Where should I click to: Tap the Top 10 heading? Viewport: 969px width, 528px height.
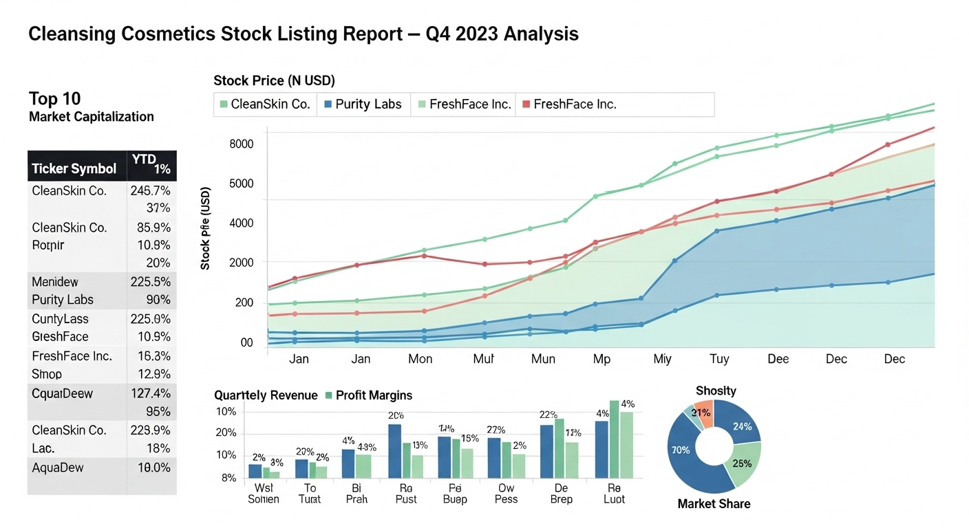pyautogui.click(x=55, y=98)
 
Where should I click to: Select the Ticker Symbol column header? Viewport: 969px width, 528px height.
pyautogui.click(x=74, y=168)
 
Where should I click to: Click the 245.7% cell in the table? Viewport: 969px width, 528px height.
pyautogui.click(x=150, y=190)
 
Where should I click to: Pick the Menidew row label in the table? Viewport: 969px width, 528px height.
pyautogui.click(x=55, y=282)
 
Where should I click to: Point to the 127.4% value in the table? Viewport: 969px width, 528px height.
pyautogui.click(x=150, y=394)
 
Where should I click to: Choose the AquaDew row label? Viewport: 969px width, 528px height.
pyautogui.click(x=58, y=467)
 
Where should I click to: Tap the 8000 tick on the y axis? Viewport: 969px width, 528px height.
pyautogui.click(x=241, y=144)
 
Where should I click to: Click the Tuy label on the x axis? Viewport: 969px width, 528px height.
pyautogui.click(x=719, y=359)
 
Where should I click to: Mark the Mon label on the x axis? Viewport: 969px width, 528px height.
pyautogui.click(x=420, y=359)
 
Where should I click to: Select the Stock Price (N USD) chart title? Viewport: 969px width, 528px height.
pyautogui.click(x=274, y=80)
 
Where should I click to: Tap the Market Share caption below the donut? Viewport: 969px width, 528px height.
pyautogui.click(x=714, y=504)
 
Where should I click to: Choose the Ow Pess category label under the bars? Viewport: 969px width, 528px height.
pyautogui.click(x=506, y=493)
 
